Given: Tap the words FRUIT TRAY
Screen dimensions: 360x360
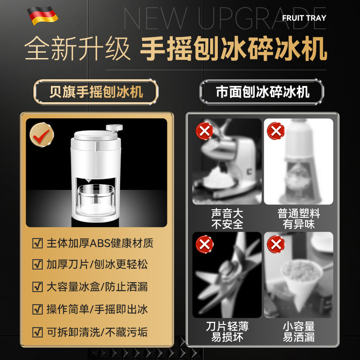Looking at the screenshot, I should pos(304,18).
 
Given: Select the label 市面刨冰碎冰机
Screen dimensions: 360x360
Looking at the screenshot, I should pos(262,92).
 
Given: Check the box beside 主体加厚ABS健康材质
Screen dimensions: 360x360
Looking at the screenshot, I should pos(38,243).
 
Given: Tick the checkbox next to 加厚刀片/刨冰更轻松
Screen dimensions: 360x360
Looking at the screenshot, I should pos(38,265).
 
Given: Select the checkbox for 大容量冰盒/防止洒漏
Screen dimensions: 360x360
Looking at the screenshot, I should pos(38,286).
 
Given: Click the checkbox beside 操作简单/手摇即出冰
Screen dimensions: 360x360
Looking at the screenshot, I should pos(38,309).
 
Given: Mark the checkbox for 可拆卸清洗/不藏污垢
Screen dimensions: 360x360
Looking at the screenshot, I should pos(38,333).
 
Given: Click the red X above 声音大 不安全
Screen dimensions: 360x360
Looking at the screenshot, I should pos(204,132).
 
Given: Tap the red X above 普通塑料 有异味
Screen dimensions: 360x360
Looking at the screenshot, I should pos(275,131).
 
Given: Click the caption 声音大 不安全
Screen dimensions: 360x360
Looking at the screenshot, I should pos(227,218).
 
